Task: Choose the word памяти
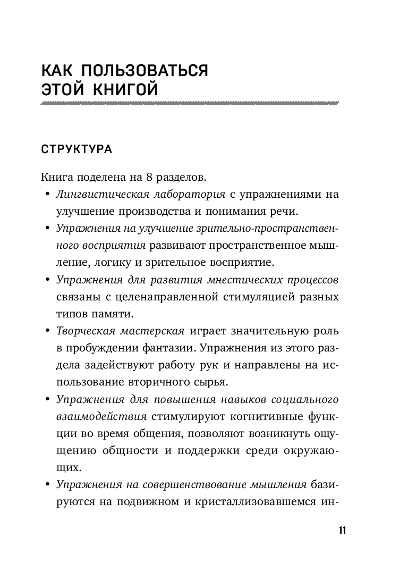[104, 314]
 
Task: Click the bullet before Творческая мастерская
[47, 331]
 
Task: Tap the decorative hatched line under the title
[190, 104]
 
